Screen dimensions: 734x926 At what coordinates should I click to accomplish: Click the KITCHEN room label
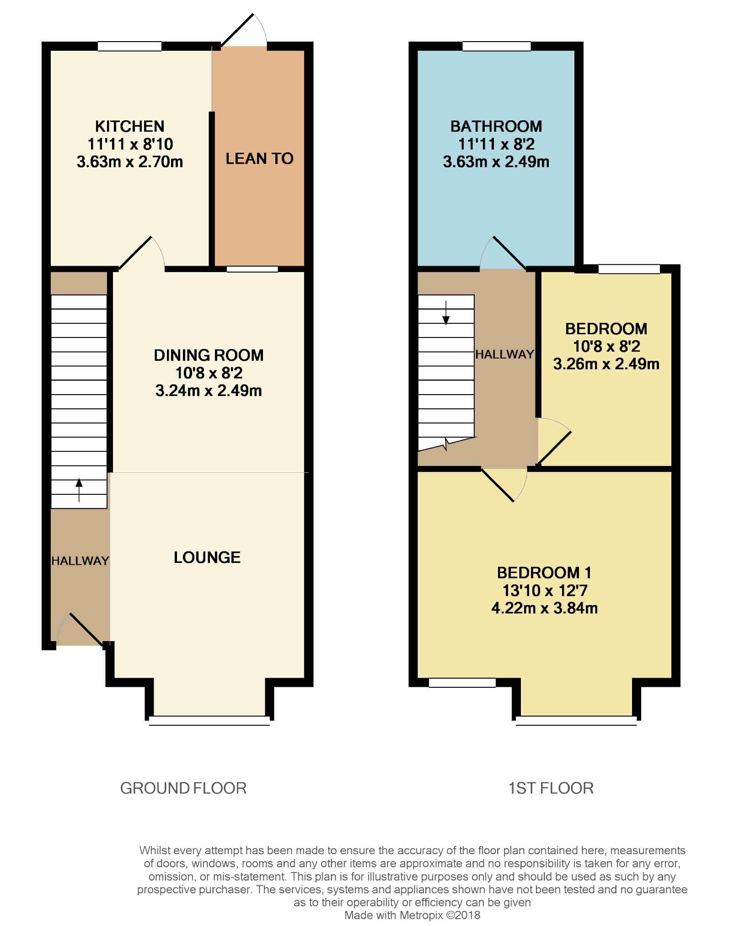point(129,126)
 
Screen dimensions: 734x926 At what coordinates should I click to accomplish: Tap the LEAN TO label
point(259,159)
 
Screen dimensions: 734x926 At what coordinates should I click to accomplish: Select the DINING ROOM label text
point(209,355)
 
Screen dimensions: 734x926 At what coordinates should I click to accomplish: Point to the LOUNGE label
point(207,557)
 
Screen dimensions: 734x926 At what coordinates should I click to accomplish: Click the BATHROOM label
point(496,126)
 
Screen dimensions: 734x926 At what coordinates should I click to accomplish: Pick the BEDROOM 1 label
point(544,573)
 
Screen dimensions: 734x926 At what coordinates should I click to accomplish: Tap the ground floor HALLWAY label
point(80,561)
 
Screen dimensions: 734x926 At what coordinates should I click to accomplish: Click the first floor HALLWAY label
point(505,354)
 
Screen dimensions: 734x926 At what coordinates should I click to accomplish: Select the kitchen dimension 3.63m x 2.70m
point(130,162)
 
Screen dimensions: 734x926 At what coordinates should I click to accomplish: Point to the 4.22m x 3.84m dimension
point(545,608)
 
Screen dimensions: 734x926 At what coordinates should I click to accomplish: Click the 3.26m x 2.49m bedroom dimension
point(606,364)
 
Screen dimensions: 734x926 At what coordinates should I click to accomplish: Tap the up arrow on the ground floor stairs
point(79,490)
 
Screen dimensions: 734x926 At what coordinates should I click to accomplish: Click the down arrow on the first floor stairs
point(446,313)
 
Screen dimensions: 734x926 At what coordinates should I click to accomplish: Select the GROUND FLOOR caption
point(183,788)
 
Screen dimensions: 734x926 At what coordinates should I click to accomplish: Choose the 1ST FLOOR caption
point(551,788)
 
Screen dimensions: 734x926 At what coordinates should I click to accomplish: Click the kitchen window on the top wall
point(129,46)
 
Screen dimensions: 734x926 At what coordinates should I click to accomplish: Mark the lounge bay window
point(209,721)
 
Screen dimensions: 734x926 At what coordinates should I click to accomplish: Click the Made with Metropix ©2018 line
point(413,915)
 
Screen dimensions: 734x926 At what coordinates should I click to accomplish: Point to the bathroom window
point(496,46)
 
